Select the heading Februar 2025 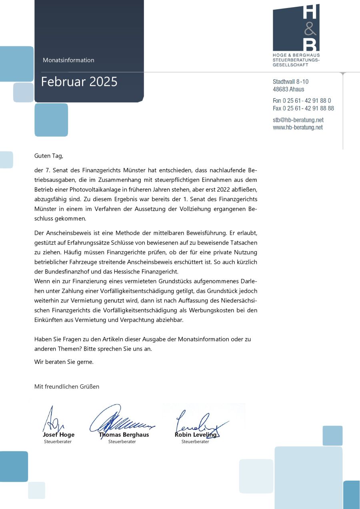[79, 82]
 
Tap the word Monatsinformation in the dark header [68, 60]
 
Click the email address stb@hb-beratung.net [298, 120]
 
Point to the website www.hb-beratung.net [298, 128]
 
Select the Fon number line [302, 101]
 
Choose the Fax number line [303, 108]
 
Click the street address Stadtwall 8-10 [290, 82]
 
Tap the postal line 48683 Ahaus [288, 89]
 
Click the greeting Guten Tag [49, 156]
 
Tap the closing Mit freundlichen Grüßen [67, 387]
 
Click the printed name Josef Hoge [58, 435]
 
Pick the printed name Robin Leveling [196, 435]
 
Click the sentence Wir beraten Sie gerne [64, 362]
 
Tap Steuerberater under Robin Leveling [195, 442]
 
